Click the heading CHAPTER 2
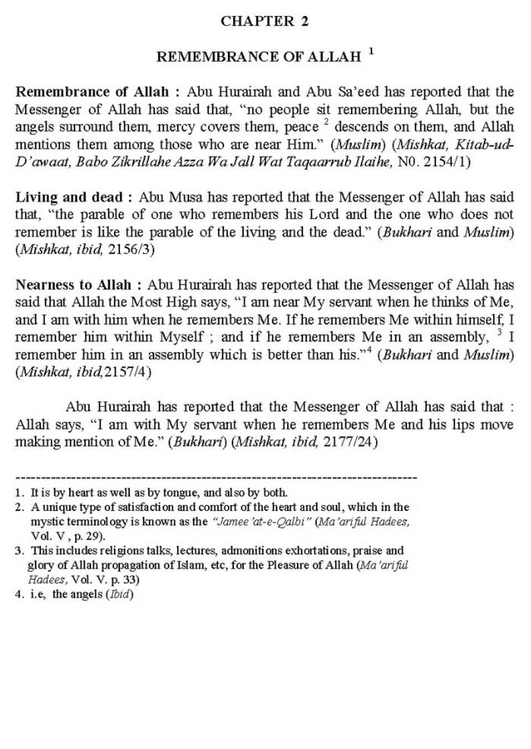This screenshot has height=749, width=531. (x=264, y=22)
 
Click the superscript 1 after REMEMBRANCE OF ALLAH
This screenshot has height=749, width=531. (x=371, y=52)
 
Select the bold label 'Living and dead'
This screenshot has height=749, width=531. (x=69, y=197)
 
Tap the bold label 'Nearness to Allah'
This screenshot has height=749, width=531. (x=73, y=285)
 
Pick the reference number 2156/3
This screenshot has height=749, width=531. (x=131, y=250)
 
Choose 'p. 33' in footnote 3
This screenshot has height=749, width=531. (x=126, y=580)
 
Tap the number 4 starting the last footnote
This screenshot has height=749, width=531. (x=19, y=595)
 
